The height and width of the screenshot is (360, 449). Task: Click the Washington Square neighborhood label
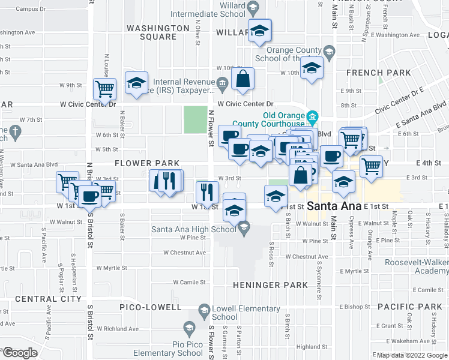click(151, 32)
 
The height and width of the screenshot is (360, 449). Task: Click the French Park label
click(379, 73)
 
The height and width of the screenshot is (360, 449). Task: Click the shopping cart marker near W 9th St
click(105, 89)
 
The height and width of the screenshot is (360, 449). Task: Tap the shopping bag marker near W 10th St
click(243, 79)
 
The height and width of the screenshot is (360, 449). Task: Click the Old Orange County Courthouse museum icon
click(312, 116)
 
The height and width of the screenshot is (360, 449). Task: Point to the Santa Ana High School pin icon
click(243, 227)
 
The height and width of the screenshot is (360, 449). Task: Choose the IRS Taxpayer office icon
click(223, 83)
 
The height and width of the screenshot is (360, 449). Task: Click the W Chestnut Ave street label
click(306, 257)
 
